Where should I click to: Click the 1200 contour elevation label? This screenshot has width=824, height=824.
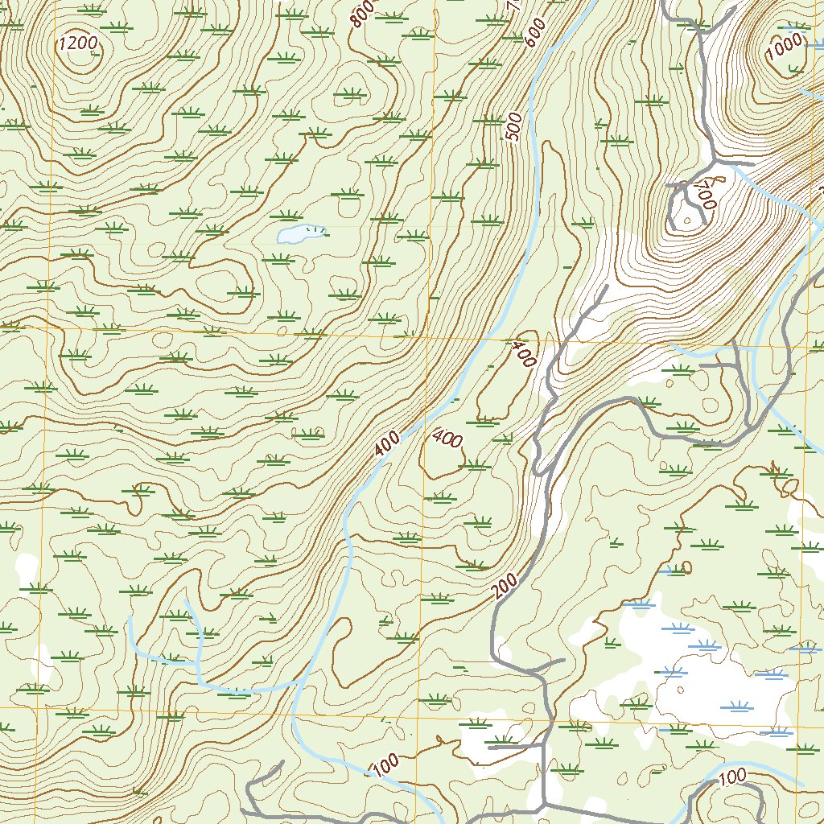(x=77, y=43)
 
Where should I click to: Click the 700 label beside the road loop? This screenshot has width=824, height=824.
(x=703, y=195)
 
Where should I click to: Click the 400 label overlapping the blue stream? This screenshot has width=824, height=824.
(x=387, y=442)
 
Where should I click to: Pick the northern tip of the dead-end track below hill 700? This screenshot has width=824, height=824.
(x=605, y=287)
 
